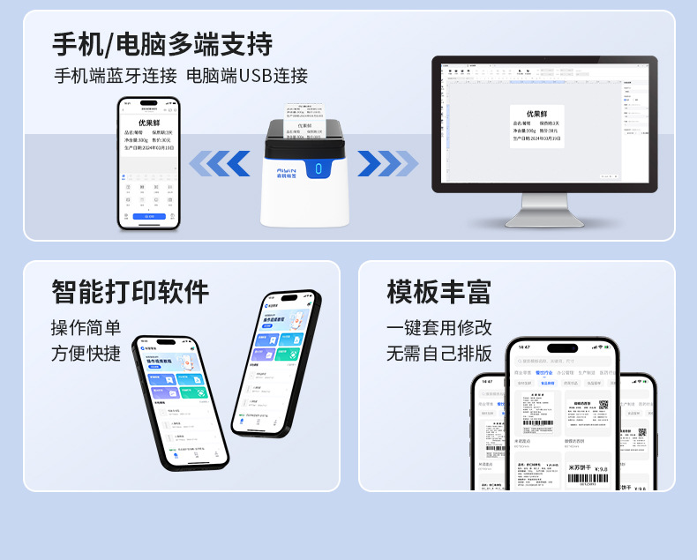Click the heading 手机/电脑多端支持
pyautogui.click(x=162, y=43)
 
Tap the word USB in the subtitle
pyautogui.click(x=254, y=76)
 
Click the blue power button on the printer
pyautogui.click(x=319, y=168)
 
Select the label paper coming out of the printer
pyautogui.click(x=304, y=122)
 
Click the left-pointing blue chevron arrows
pyautogui.click(x=220, y=163)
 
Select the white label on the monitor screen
pyautogui.click(x=537, y=125)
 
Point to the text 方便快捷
pyautogui.click(x=86, y=354)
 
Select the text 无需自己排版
pyautogui.click(x=438, y=354)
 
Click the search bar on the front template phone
pyautogui.click(x=561, y=361)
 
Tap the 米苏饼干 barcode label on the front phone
pyautogui.click(x=587, y=473)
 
